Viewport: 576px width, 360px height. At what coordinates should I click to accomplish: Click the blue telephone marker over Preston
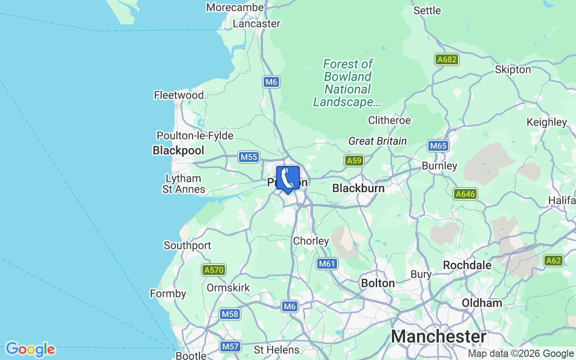[288, 179]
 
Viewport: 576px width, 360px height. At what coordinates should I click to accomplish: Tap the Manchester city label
[438, 337]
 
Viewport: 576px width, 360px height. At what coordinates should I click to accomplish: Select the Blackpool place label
[178, 150]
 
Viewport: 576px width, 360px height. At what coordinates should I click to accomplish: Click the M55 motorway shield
[248, 157]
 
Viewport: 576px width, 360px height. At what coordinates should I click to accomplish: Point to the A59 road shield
[354, 161]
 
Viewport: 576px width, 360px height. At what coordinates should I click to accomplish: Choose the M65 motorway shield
[437, 146]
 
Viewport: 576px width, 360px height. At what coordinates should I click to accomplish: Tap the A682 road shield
[446, 59]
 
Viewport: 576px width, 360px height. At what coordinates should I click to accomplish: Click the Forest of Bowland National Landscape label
[347, 83]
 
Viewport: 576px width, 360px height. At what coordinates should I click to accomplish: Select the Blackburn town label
[358, 188]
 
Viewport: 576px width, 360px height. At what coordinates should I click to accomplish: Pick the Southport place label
[187, 245]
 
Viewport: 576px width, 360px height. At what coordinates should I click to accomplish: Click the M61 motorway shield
[327, 264]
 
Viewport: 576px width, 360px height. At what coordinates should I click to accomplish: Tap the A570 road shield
[213, 270]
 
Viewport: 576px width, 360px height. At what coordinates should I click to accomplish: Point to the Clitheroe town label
[389, 120]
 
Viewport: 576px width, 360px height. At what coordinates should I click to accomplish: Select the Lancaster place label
[256, 23]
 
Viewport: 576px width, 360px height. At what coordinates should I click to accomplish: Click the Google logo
[30, 349]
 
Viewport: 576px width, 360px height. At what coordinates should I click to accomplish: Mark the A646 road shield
[465, 194]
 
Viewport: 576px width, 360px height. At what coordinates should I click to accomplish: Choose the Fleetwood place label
[179, 95]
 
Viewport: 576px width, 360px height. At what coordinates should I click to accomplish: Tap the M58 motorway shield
[229, 314]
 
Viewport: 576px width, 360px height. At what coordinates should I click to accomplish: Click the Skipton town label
[513, 70]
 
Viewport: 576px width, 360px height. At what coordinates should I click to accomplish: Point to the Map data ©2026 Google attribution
[521, 354]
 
